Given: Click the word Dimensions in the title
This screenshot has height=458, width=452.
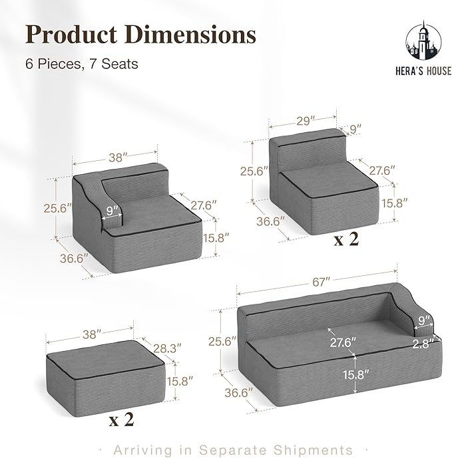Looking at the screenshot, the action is pos(191,35).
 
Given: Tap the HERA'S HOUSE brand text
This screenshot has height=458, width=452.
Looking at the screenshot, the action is pos(423,71).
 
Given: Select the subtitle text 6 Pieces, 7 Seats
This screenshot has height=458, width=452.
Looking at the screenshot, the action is pos(82,64).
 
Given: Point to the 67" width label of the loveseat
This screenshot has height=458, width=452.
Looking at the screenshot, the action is pos(321,282).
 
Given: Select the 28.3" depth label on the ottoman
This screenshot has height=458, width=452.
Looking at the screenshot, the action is pos(167,348).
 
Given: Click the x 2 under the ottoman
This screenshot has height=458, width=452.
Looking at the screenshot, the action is pos(121,420).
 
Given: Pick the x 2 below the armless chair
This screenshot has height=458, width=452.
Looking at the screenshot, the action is pos(346,239).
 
